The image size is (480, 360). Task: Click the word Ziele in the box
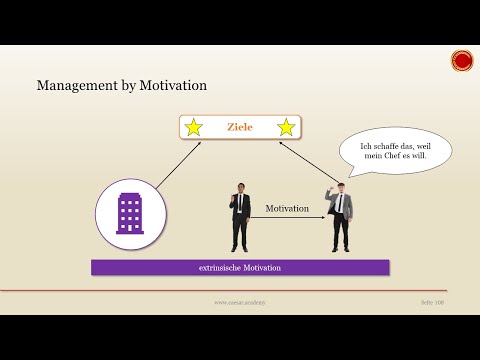[x=240, y=128]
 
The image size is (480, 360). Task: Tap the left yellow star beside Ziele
[x=194, y=128]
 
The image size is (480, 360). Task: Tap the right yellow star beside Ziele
[x=286, y=128]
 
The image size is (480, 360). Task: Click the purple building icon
[x=130, y=213]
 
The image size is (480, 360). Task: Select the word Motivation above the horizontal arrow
[x=287, y=208]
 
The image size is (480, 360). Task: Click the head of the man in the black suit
[x=240, y=187]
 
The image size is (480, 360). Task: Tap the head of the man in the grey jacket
[x=340, y=187]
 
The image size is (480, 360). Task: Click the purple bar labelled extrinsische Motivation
[x=240, y=268]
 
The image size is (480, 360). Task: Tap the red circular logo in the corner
[x=462, y=61]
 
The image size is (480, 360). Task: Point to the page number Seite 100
[x=432, y=301]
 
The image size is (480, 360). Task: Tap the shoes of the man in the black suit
[x=240, y=250]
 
